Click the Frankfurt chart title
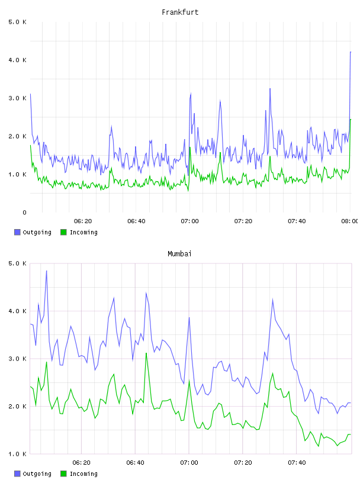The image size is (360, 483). click(x=180, y=12)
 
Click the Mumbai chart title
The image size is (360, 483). click(x=179, y=254)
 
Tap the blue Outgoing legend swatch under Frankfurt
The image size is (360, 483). click(x=17, y=232)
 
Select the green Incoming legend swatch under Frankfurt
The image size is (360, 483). click(x=63, y=232)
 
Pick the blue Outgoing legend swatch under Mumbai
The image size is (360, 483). click(x=17, y=474)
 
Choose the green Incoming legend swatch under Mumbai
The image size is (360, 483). click(x=63, y=474)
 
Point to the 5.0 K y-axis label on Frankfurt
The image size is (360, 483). click(x=18, y=22)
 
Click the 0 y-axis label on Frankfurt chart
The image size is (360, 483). click(x=24, y=212)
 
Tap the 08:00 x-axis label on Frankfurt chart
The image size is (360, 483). click(x=349, y=221)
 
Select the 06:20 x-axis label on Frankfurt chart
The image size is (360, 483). click(x=83, y=221)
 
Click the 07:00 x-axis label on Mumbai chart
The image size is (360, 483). click(x=189, y=462)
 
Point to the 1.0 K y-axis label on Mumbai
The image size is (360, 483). click(x=18, y=454)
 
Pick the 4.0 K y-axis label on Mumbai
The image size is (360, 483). click(x=18, y=311)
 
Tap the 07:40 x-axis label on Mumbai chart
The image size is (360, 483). click(x=297, y=462)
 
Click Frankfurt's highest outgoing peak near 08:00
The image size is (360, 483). click(x=351, y=52)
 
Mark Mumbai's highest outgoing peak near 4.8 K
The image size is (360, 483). click(x=47, y=271)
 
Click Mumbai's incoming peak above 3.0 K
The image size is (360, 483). click(x=146, y=353)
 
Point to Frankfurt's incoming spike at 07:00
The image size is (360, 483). click(x=190, y=147)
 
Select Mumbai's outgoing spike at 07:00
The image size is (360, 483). click(x=189, y=318)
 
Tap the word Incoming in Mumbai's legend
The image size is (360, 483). click(x=83, y=474)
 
